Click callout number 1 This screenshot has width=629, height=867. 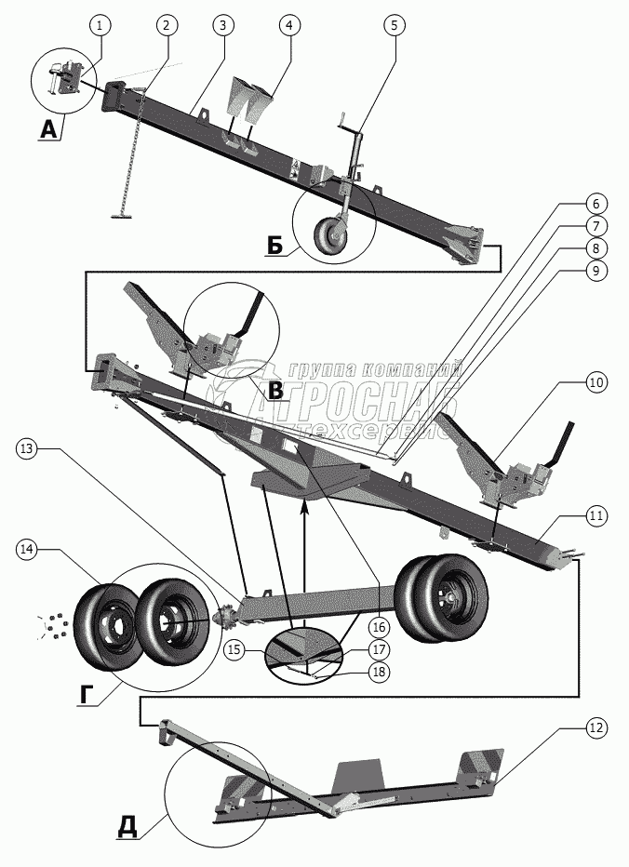coord(100,26)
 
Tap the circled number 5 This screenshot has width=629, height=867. coord(395,26)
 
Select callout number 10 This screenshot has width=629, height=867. coord(596,381)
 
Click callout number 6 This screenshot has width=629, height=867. coord(596,203)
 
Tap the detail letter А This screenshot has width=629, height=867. coord(48,132)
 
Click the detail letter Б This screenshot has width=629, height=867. coord(274,245)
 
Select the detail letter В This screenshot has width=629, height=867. coord(275,392)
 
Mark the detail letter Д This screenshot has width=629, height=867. coord(131,826)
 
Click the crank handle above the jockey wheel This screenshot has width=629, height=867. coord(347,121)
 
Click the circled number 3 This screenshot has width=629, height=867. coord(222,26)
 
